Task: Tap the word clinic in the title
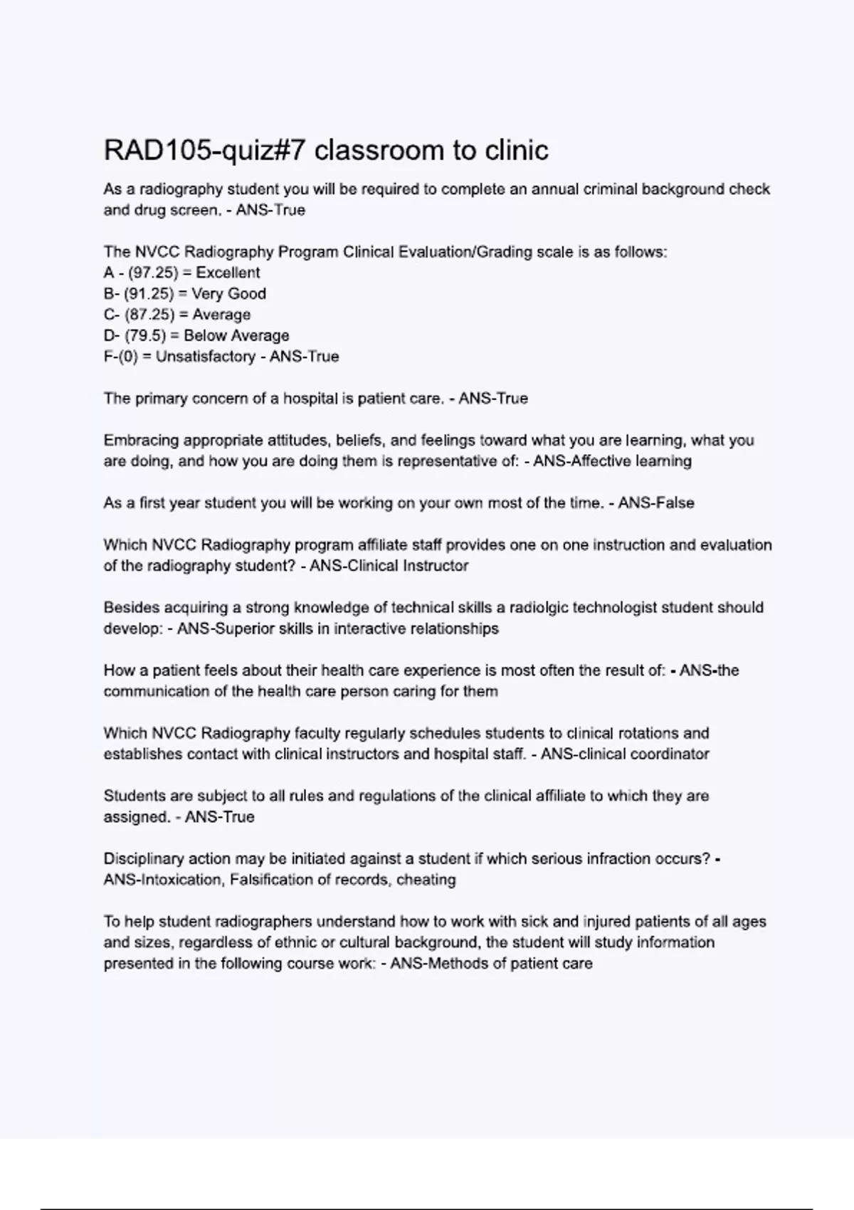tap(517, 150)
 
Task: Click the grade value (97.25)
tap(153, 273)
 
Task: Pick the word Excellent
tap(228, 273)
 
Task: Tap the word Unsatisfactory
tap(205, 357)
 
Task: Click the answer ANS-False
tap(655, 503)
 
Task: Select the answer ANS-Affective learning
tap(612, 461)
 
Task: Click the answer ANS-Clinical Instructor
tap(389, 566)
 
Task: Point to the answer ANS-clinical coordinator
tap(625, 754)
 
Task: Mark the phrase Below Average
tap(236, 336)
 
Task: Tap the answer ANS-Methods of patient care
tap(491, 964)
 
